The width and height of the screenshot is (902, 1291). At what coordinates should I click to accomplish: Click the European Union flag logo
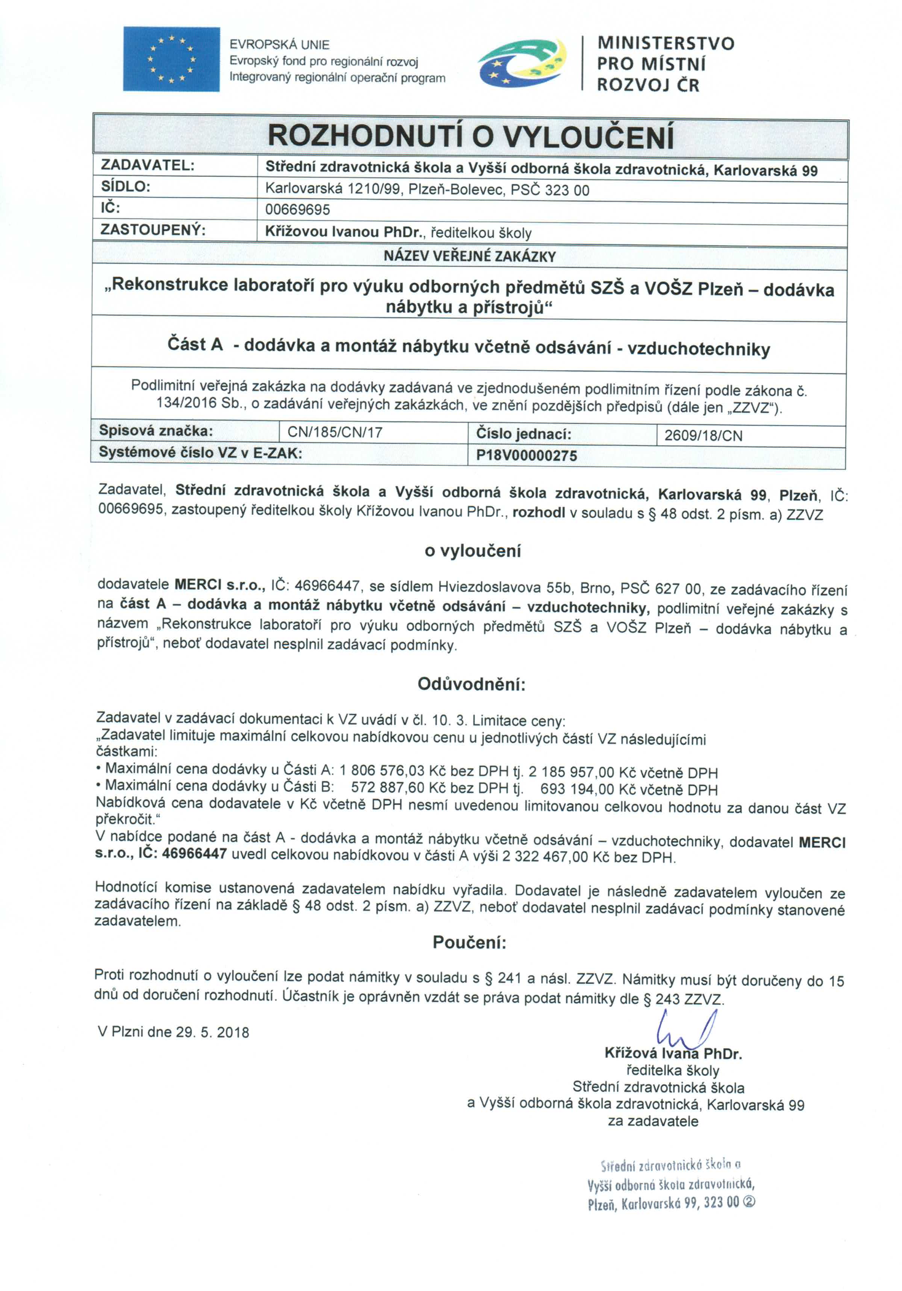[171, 59]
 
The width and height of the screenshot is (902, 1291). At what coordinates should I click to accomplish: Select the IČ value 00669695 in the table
[298, 210]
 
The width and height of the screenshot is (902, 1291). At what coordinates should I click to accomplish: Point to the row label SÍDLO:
[126, 187]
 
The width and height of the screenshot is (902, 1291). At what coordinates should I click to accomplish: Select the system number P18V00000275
[526, 455]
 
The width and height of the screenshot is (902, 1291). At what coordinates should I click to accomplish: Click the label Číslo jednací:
[523, 434]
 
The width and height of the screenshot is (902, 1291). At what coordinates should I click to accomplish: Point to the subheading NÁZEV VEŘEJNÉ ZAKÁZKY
[469, 256]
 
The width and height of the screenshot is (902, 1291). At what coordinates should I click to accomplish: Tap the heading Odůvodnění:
[471, 684]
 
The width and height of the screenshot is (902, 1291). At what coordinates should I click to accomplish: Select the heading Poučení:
[469, 942]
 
